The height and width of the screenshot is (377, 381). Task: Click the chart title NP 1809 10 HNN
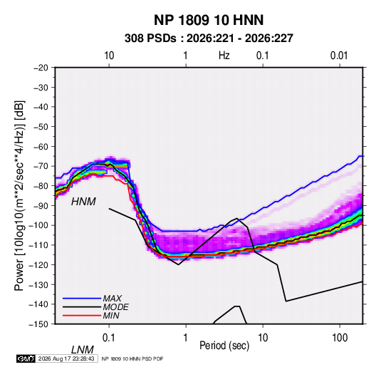point(209,20)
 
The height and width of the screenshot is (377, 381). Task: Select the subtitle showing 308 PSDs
point(209,38)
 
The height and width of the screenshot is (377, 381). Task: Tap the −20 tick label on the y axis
point(41,68)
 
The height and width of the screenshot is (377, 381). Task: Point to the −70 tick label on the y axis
point(41,166)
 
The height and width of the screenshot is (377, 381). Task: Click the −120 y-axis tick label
point(38,264)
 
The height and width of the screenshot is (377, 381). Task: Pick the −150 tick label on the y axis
point(38,324)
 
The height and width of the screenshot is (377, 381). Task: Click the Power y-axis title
point(19,195)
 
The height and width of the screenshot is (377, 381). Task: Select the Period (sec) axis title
point(224,346)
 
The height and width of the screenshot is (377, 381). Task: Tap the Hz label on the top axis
point(224,56)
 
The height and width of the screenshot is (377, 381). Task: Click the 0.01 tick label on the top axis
point(339,56)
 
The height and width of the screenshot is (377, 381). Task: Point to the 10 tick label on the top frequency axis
point(109,56)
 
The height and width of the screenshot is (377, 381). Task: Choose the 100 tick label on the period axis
point(340,338)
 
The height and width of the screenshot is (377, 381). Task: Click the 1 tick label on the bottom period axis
point(185,338)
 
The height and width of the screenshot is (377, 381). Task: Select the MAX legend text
point(113,299)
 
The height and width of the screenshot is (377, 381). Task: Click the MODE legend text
point(115,307)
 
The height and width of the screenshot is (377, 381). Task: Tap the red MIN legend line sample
point(82,316)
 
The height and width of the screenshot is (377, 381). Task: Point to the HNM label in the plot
point(83,202)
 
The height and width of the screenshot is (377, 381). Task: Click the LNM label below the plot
point(83,350)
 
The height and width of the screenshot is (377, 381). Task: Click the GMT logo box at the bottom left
point(26,358)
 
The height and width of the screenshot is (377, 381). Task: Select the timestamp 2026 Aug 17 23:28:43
point(66,358)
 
